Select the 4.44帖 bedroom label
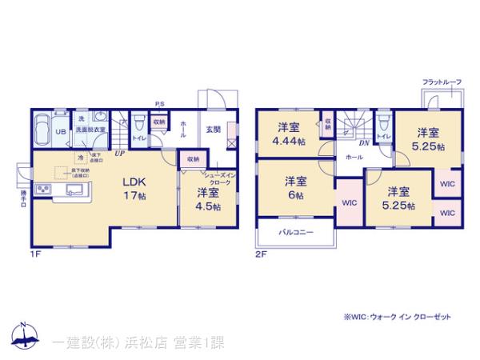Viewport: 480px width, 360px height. [x=289, y=134]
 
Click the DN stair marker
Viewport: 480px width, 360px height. [x=363, y=142]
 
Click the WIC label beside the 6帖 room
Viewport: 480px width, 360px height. [x=349, y=202]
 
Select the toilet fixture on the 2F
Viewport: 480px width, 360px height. [x=382, y=124]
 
